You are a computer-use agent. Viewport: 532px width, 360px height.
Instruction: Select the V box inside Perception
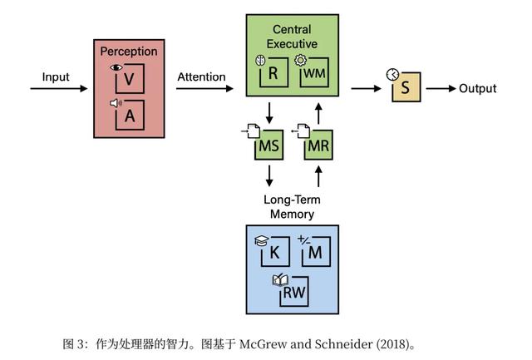[x=129, y=81]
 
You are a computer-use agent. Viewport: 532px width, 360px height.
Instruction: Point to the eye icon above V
[x=116, y=66]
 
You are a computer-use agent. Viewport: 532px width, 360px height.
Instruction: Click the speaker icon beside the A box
[x=116, y=104]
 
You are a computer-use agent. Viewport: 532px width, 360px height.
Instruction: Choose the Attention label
[x=201, y=77]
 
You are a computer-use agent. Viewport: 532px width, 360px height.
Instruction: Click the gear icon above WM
[x=302, y=61]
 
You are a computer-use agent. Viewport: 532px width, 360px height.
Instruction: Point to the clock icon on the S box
[x=392, y=75]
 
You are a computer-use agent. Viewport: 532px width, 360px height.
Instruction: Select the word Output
[x=477, y=88]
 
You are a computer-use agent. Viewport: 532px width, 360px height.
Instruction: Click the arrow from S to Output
[x=439, y=88]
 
